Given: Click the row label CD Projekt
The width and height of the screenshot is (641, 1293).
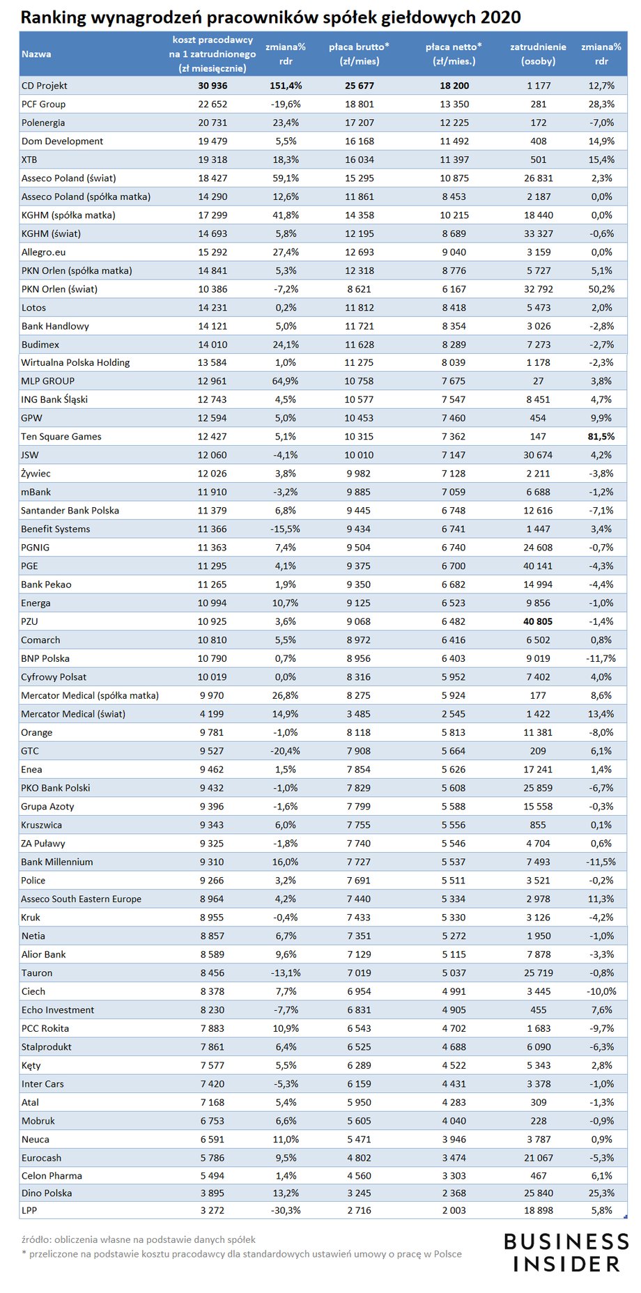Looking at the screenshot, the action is [45, 86].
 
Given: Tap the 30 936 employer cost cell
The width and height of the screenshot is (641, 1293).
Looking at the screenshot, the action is [213, 86].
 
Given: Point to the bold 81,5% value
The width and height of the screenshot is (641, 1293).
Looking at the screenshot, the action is [601, 437].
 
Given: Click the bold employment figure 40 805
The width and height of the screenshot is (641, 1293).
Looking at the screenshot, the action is [538, 621].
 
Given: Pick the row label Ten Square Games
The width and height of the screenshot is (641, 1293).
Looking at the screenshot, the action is [61, 437].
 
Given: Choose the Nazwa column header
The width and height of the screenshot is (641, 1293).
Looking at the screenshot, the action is [36, 54].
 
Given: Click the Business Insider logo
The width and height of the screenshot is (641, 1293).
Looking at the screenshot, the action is [566, 1252].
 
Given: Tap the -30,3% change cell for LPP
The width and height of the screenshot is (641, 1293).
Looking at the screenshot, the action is [286, 1211].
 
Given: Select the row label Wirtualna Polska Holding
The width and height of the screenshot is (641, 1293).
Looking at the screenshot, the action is [75, 362].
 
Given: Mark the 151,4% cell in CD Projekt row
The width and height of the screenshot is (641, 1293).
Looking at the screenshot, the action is [286, 86].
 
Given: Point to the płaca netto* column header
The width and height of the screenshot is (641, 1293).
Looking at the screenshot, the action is [454, 54].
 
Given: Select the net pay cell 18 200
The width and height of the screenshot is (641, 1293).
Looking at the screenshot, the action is [454, 86].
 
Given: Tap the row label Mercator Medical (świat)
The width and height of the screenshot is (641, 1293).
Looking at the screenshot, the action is [73, 714].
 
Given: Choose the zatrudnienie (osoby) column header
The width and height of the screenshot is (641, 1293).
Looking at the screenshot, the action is [538, 54].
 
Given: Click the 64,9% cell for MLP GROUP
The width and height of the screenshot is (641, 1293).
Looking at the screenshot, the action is [286, 381].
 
